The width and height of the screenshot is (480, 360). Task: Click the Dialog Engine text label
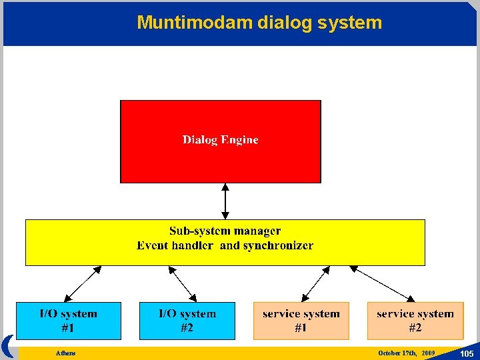220,140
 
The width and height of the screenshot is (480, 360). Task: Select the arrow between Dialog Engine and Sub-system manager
225,201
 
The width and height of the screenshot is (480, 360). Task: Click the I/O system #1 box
69,321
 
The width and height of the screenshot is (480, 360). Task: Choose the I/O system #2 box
187,321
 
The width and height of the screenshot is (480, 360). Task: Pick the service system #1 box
301,321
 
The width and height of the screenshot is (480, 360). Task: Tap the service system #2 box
415,321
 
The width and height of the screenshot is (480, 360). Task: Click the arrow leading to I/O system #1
83,284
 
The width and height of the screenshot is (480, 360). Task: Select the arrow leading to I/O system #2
183,284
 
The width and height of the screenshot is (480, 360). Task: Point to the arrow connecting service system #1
316,284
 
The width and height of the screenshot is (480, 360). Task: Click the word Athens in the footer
66,353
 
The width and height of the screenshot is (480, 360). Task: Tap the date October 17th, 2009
406,353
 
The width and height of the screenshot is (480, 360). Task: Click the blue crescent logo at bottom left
8,346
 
